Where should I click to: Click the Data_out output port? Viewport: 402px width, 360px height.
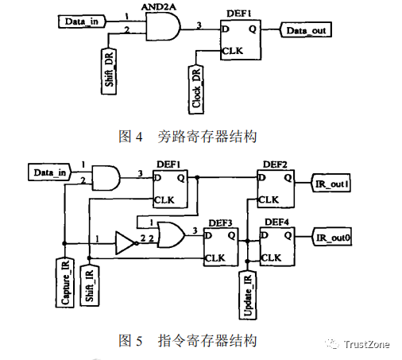coord(306,29)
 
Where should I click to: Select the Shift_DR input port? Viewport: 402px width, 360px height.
coord(109,71)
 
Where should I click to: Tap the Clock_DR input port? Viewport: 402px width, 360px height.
coord(196,90)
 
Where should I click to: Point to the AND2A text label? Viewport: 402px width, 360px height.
coord(158,6)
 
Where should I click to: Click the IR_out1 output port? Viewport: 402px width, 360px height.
coord(331,183)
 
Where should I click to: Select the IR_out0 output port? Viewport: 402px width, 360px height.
coord(332,237)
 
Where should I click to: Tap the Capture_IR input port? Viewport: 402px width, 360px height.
coord(65,282)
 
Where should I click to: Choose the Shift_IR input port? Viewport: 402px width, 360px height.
coord(90,285)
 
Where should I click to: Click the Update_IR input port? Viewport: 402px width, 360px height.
coord(248,295)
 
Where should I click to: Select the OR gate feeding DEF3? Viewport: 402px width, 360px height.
coord(171,234)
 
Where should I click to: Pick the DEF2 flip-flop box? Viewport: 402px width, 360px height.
coord(276,189)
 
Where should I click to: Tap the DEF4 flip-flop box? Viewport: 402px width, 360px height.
coord(277,246)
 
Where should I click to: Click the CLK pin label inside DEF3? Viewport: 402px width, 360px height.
coord(215,257)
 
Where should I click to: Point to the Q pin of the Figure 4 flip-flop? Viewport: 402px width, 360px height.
coord(253,29)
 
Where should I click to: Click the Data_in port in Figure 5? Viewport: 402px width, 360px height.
coord(49,172)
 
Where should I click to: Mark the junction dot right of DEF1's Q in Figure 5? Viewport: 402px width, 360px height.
coord(197,177)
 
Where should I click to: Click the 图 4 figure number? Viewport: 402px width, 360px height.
coord(130,136)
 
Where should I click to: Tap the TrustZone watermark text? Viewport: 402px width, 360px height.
coord(367,344)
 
